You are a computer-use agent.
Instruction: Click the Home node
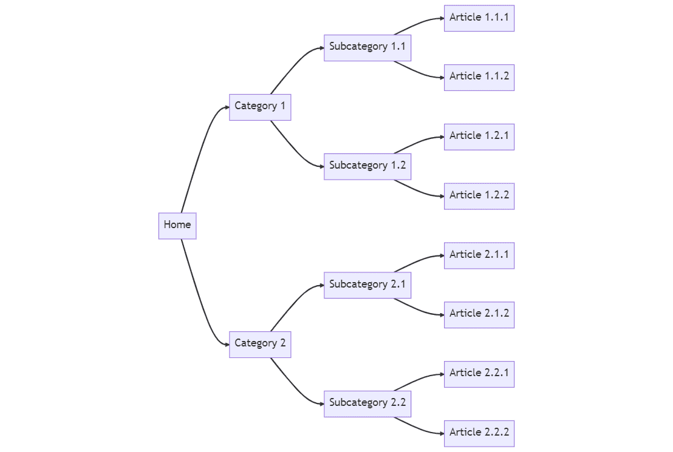[x=177, y=225]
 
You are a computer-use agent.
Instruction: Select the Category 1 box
[x=260, y=107]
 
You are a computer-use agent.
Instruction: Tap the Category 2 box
[x=260, y=344]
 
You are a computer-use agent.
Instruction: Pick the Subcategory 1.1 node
[x=367, y=47]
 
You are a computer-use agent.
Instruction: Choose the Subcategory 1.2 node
[x=367, y=166]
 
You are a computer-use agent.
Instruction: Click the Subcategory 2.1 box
[x=367, y=285]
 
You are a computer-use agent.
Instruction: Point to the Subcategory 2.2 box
[x=367, y=403]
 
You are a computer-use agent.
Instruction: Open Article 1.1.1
[x=479, y=18]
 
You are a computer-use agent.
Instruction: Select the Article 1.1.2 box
[x=479, y=77]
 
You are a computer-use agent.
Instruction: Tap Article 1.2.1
[x=479, y=137]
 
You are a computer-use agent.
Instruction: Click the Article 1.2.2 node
[x=479, y=196]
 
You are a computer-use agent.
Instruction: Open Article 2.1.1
[x=479, y=255]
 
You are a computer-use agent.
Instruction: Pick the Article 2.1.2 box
[x=479, y=314]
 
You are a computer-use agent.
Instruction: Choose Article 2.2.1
[x=479, y=374]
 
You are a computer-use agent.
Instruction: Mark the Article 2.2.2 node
[x=479, y=433]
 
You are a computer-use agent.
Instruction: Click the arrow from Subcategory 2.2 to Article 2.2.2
[x=419, y=428]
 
